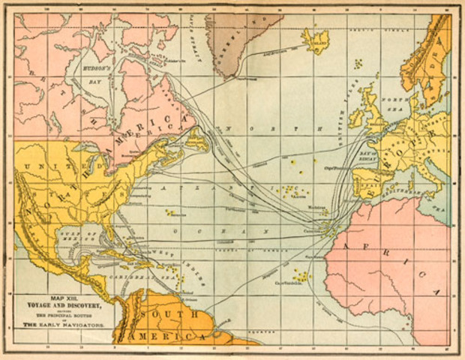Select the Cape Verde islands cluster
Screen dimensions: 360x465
click(301, 276)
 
